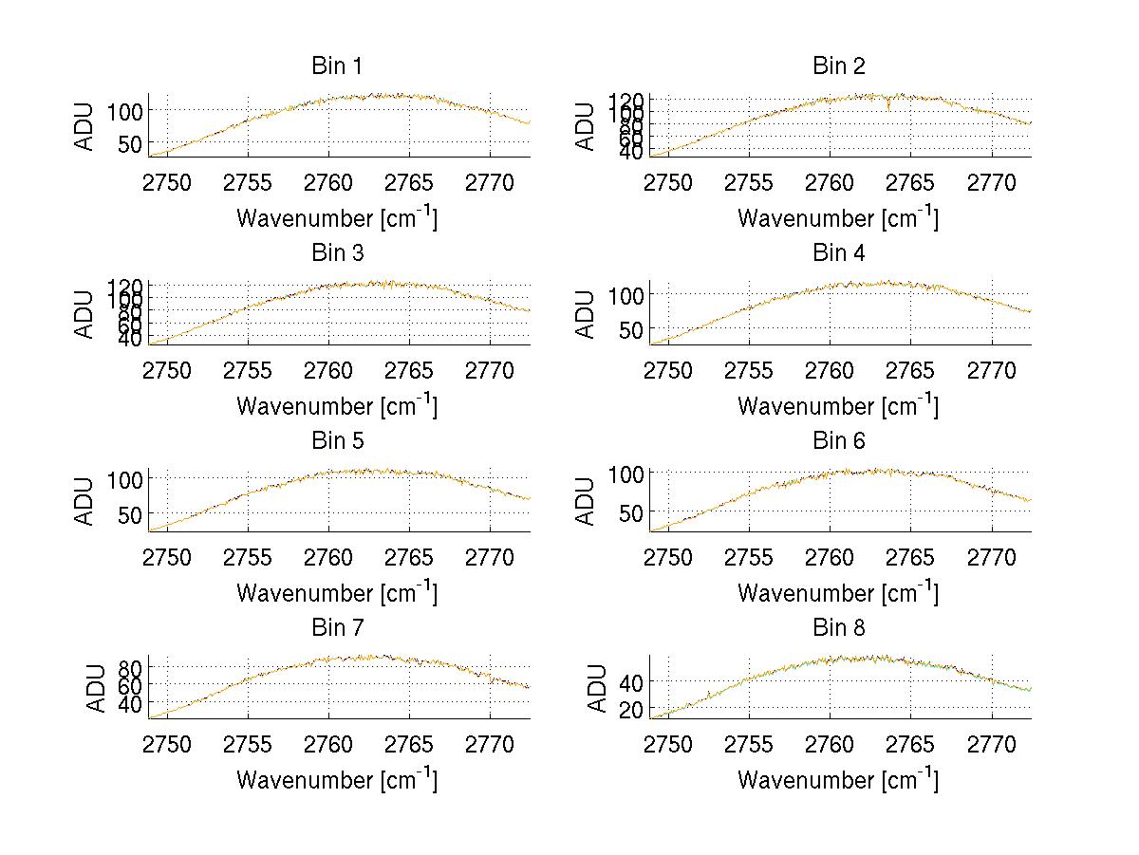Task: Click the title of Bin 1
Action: (337, 66)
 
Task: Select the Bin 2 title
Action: (839, 66)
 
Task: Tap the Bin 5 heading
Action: (337, 441)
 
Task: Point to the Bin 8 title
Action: (839, 628)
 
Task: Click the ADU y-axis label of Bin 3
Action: (85, 313)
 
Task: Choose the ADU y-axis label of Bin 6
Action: (587, 501)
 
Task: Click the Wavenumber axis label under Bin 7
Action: (337, 779)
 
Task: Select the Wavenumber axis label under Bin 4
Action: (839, 405)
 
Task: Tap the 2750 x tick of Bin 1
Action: (167, 182)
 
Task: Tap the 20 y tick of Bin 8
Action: (633, 709)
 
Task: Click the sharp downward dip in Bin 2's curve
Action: (888, 107)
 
